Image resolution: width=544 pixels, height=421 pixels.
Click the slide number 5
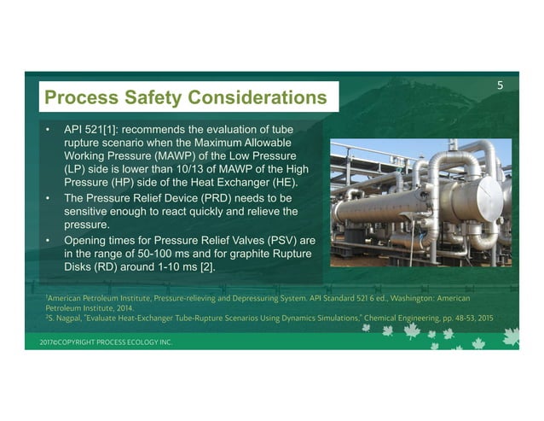[501, 85]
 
